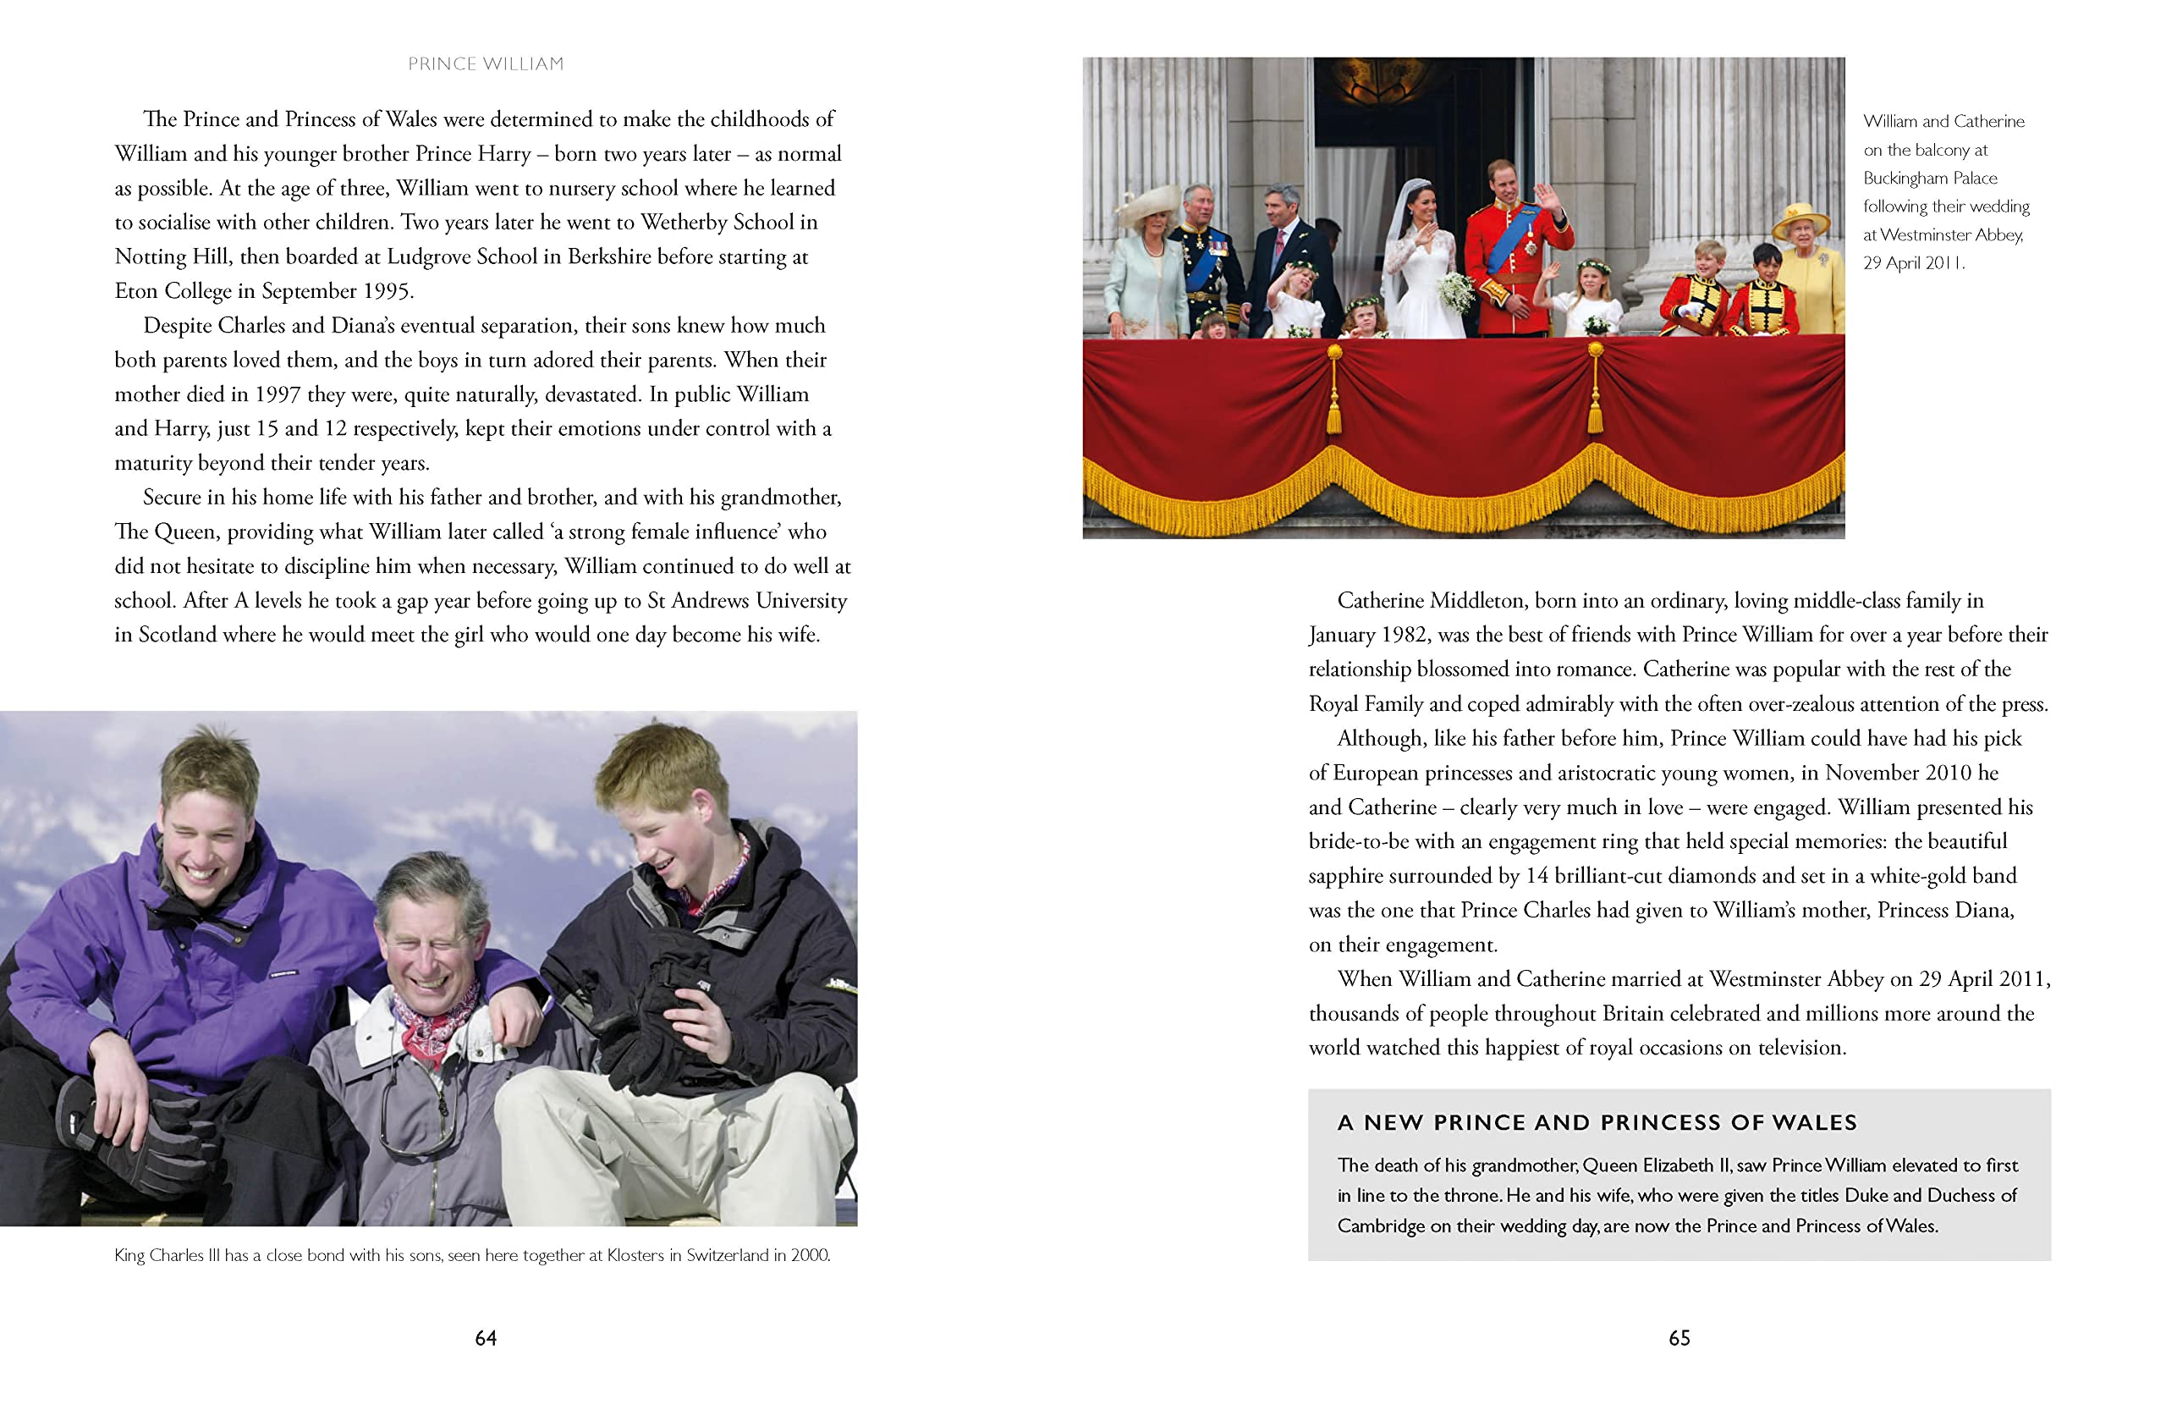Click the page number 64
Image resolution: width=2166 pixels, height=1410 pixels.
[486, 1337]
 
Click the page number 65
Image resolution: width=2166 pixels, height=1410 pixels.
[1679, 1337]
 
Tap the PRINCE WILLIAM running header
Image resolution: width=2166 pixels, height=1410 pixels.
[486, 63]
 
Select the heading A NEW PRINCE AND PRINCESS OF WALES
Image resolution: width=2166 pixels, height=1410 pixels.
[1597, 1122]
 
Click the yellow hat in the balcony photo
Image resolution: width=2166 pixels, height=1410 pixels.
[1800, 219]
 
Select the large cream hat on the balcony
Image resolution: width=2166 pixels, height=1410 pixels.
[1147, 206]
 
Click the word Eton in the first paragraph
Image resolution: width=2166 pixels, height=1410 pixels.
[135, 291]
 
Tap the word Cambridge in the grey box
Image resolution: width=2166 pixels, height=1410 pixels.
[1381, 1226]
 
